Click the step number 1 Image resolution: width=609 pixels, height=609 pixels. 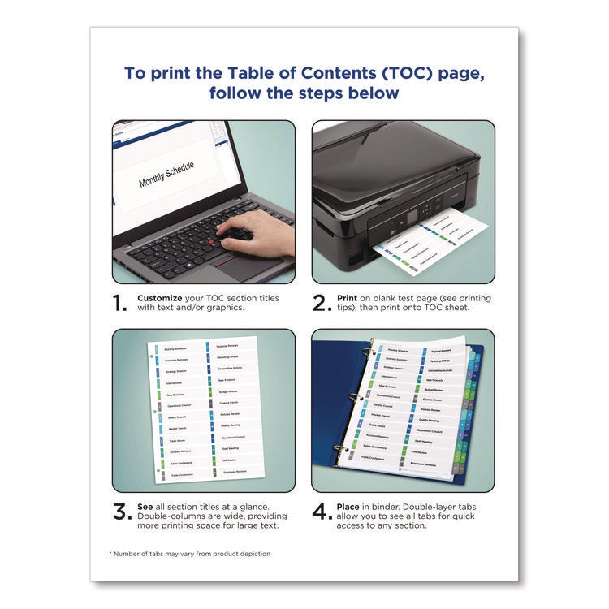tap(120, 304)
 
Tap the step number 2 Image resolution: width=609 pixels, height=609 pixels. tap(320, 304)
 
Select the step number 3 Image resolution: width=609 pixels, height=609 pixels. tap(121, 512)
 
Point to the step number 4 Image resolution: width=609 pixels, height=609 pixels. tap(321, 512)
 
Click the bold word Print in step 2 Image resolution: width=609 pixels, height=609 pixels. tap(347, 298)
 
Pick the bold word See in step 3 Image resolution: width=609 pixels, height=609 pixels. tap(146, 507)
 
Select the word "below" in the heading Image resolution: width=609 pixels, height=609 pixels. tap(374, 93)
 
